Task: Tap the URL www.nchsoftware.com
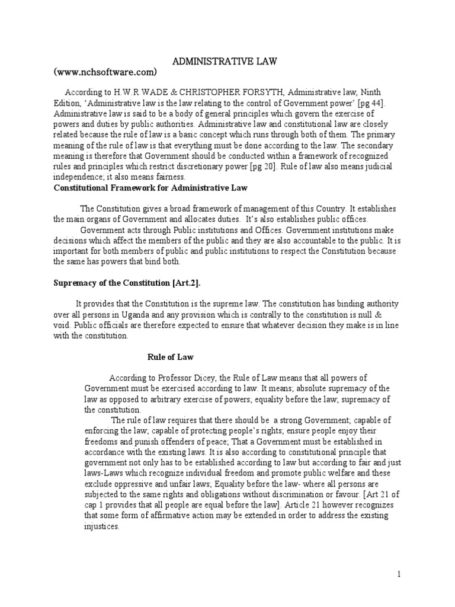tap(105, 72)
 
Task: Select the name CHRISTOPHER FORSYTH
tap(222, 92)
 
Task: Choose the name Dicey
tap(207, 378)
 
